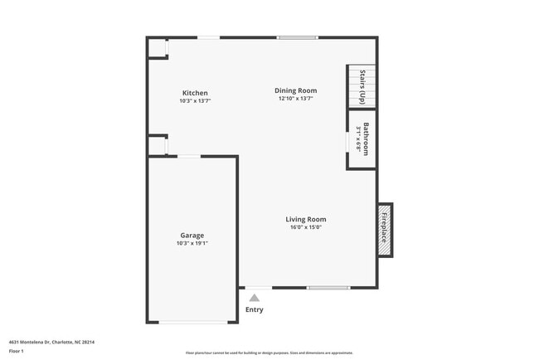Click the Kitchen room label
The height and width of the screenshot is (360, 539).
(195, 93)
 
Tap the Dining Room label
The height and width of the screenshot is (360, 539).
(296, 90)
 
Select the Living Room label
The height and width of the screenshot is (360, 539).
(306, 219)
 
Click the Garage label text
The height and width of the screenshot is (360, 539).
(192, 235)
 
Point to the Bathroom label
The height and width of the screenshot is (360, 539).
(366, 139)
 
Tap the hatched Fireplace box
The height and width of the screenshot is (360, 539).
(385, 229)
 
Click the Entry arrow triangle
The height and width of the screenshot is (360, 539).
(255, 298)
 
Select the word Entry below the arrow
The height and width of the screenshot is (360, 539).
(255, 309)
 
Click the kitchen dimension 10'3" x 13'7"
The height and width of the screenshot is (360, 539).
(195, 101)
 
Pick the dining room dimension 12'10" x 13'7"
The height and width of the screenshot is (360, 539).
(296, 99)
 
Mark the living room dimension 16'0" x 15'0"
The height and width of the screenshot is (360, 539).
(306, 227)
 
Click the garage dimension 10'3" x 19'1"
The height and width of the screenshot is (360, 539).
(192, 243)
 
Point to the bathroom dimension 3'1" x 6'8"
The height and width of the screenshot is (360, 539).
(358, 139)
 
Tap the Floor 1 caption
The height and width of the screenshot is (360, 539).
(17, 351)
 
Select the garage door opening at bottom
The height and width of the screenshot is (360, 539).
(192, 322)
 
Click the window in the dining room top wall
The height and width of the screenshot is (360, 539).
(297, 37)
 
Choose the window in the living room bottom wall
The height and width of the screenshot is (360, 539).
(328, 288)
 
